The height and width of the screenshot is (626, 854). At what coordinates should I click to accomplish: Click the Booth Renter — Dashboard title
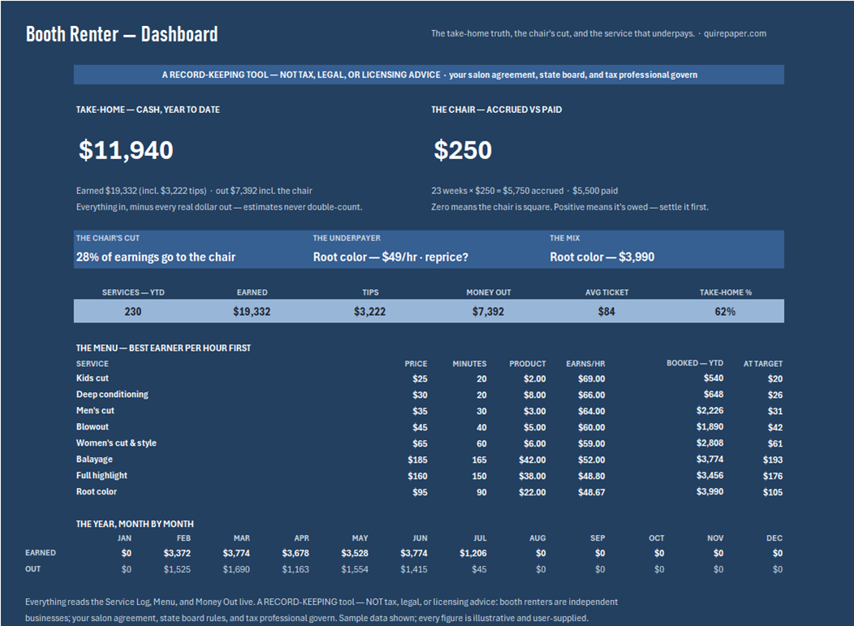122,34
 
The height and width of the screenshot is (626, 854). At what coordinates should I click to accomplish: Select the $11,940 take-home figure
126,150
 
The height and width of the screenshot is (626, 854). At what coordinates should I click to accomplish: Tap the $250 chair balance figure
463,150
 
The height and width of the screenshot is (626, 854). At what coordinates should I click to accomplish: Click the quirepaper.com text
735,33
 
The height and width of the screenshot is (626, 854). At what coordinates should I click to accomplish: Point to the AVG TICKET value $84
606,312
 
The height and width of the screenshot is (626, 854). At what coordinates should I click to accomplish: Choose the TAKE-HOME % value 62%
725,312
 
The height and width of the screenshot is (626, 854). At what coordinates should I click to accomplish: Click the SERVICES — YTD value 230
133,312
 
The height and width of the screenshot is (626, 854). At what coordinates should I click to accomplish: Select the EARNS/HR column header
585,364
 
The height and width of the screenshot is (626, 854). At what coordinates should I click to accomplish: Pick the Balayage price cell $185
418,460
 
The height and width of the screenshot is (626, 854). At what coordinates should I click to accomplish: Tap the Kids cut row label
92,378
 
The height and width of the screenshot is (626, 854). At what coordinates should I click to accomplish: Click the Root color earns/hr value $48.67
592,492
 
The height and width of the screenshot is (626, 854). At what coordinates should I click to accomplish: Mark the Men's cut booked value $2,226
710,410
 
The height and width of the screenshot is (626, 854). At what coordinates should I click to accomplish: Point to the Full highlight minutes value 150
479,476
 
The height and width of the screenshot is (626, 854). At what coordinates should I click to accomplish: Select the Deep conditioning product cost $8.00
535,395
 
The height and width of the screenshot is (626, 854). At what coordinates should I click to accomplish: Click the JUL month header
480,537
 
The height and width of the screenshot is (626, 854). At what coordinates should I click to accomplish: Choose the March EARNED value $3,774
236,553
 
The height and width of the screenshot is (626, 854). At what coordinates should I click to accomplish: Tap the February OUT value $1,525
177,569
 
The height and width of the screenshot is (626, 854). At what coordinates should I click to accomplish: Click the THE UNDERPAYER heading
347,238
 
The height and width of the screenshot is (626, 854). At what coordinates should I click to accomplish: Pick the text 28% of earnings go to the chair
156,257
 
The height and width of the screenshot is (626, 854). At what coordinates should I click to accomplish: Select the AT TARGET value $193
773,460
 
